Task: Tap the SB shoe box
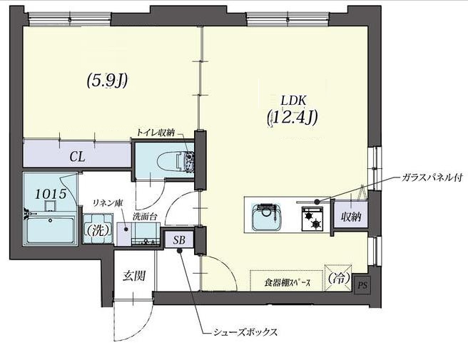tap(178, 241)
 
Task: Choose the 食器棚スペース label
tap(287, 283)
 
